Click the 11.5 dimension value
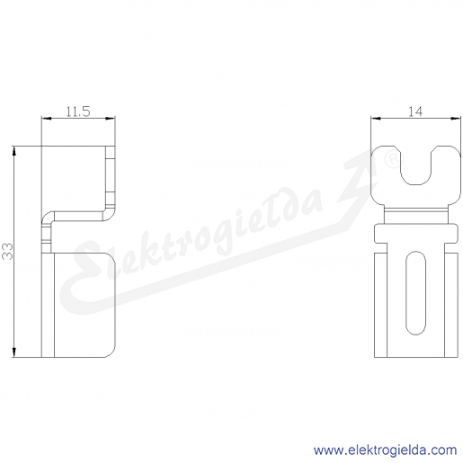[x=78, y=111]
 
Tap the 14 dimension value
[x=415, y=111]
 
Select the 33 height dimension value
[x=7, y=251]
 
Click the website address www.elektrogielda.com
[x=385, y=450]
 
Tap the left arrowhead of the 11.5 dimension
[x=46, y=119]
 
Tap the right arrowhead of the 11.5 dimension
[x=111, y=119]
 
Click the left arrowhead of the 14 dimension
[x=376, y=119]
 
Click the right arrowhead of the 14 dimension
[x=456, y=119]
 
